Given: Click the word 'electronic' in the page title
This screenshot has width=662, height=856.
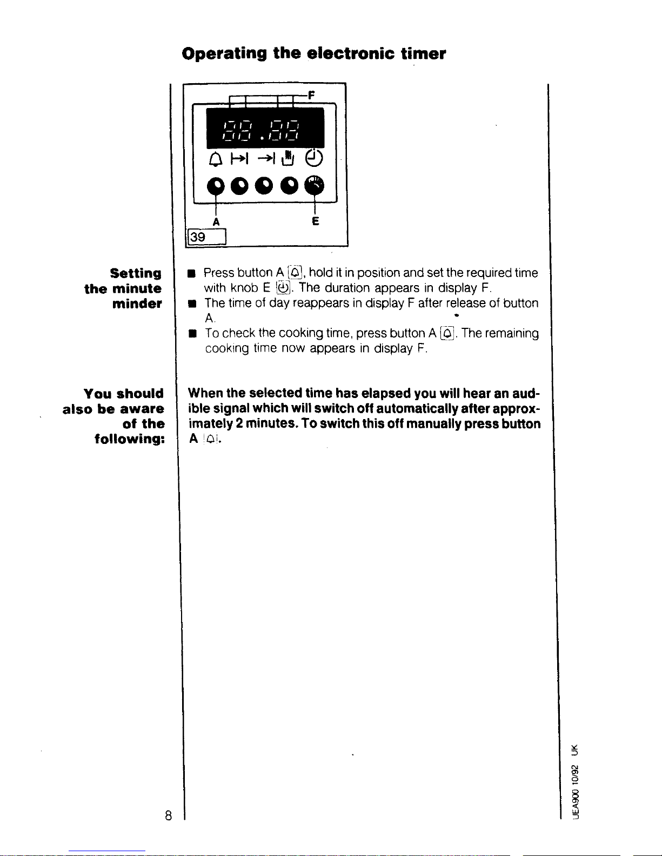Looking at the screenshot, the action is [350, 53].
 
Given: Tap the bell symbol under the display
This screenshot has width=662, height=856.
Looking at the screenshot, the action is [215, 159].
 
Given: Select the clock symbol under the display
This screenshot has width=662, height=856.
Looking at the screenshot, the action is [314, 158].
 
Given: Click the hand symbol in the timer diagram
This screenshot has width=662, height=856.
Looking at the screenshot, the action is [288, 158].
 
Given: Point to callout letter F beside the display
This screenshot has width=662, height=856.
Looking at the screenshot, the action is [311, 95].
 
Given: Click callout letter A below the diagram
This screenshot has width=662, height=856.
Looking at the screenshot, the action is [216, 222].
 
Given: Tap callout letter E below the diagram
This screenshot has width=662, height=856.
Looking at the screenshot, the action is [315, 221].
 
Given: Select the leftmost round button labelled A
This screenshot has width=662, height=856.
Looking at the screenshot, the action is [216, 186].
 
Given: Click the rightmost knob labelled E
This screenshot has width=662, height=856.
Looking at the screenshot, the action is [315, 185].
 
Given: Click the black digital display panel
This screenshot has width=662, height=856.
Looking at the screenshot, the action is [265, 128].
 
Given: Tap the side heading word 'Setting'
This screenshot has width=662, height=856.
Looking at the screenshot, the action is [136, 273].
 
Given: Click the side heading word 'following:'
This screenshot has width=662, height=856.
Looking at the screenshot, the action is [129, 439].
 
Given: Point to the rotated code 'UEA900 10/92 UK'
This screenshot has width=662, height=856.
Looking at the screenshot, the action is [576, 782].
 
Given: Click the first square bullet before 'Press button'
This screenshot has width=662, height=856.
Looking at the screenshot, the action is [191, 274].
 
